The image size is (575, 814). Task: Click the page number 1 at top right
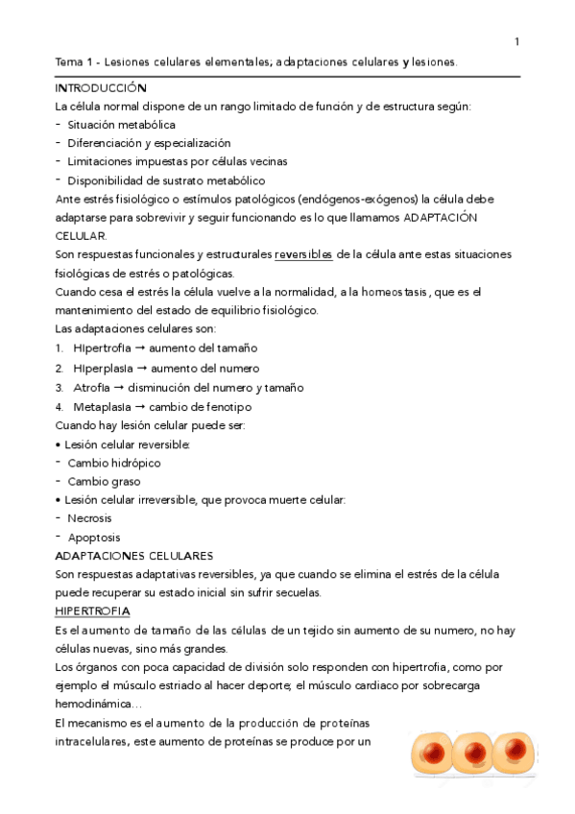tap(517, 41)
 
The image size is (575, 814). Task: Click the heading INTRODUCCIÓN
tap(100, 87)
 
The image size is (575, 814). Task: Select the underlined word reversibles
tap(303, 254)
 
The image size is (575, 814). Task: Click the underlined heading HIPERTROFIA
tap(93, 611)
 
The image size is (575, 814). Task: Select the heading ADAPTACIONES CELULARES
tap(133, 556)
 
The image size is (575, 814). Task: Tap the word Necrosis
tap(89, 518)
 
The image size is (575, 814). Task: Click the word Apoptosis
tap(94, 538)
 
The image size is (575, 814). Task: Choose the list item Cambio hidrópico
tap(113, 463)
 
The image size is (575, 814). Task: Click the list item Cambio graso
tap(103, 481)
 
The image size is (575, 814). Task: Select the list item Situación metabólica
tap(121, 125)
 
